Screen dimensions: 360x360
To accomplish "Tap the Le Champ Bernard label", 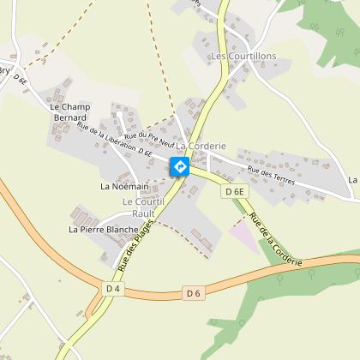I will click(70, 111).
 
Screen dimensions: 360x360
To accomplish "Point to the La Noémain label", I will click(124, 186).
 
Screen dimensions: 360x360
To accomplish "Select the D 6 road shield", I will click(193, 294).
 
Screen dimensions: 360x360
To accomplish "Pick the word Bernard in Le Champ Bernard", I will click(70, 117).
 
